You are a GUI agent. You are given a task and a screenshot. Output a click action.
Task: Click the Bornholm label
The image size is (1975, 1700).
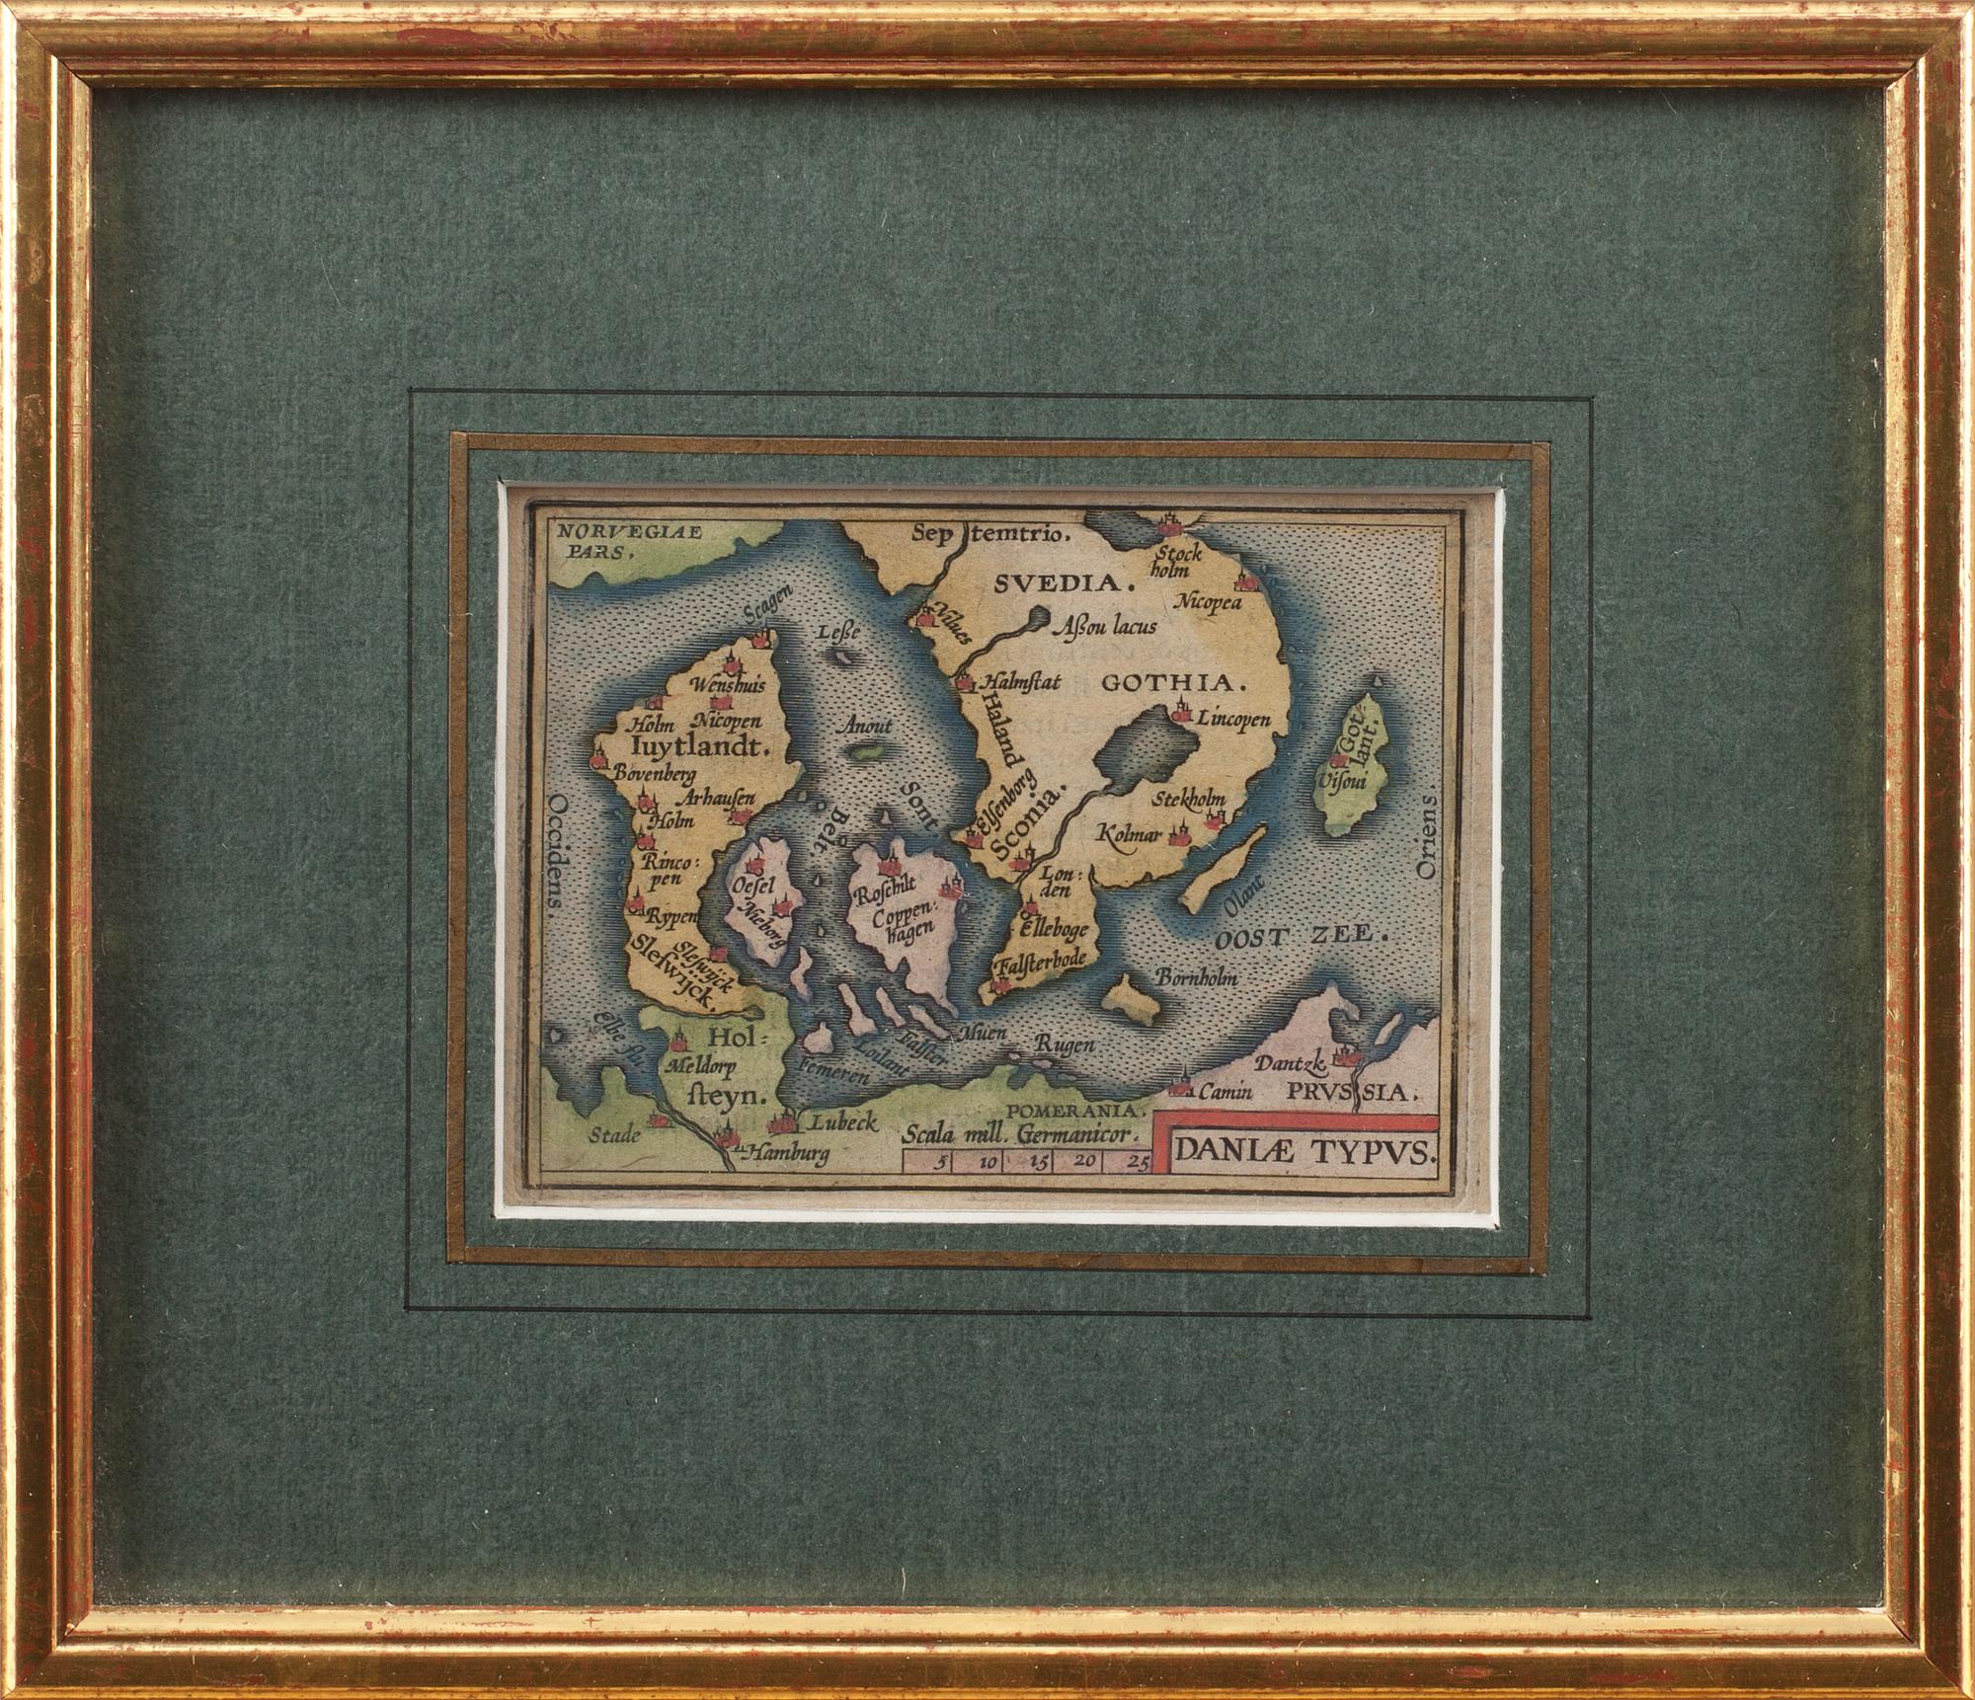pyautogui.click(x=1197, y=977)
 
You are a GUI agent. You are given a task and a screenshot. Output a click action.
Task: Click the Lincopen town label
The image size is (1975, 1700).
pyautogui.click(x=1232, y=720)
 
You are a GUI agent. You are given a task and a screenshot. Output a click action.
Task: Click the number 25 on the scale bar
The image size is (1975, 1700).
pyautogui.click(x=1137, y=1162)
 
